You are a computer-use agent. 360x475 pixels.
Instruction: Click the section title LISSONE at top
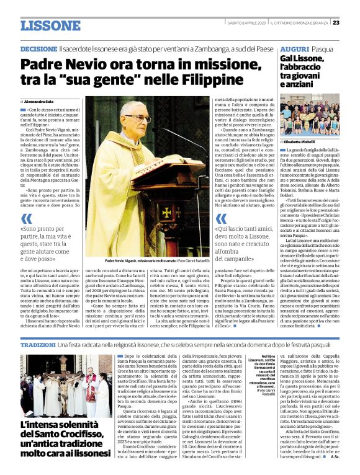[x=50, y=25]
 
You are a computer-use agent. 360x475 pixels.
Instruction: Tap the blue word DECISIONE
[x=38, y=48]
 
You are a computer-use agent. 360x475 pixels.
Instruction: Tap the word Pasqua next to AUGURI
[x=323, y=48]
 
